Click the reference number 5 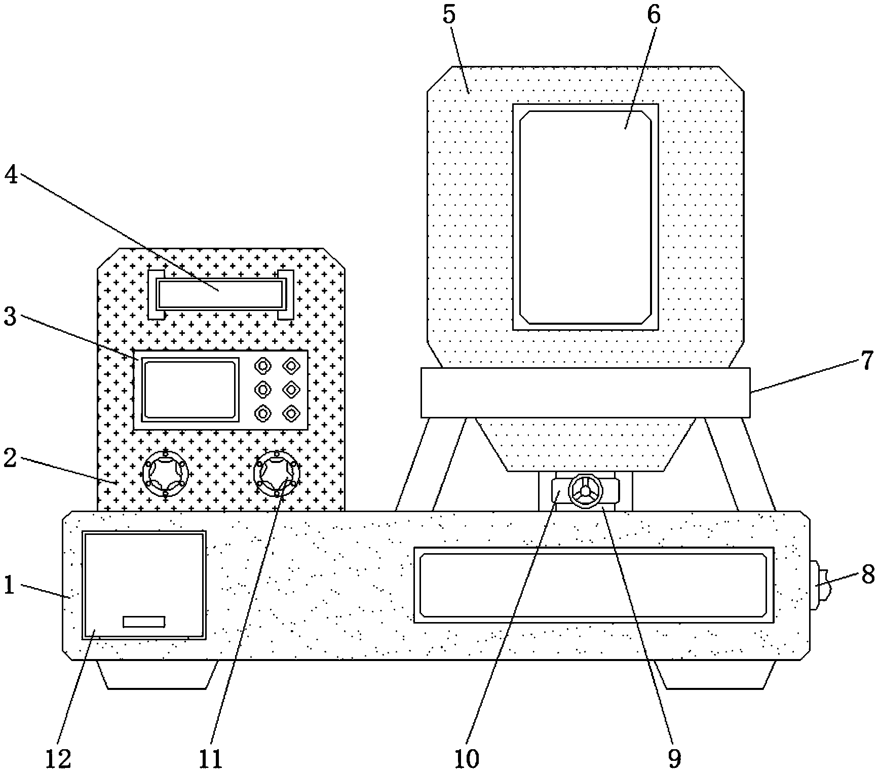pyautogui.click(x=449, y=15)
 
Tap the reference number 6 pyautogui.click(x=654, y=15)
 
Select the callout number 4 pyautogui.click(x=11, y=175)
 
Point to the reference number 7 pyautogui.click(x=867, y=361)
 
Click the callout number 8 pyautogui.click(x=867, y=575)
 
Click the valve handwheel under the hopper pyautogui.click(x=585, y=491)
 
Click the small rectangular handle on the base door pyautogui.click(x=144, y=622)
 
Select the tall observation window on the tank pyautogui.click(x=585, y=217)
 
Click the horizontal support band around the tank pyautogui.click(x=585, y=393)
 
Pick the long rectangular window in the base pyautogui.click(x=593, y=585)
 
